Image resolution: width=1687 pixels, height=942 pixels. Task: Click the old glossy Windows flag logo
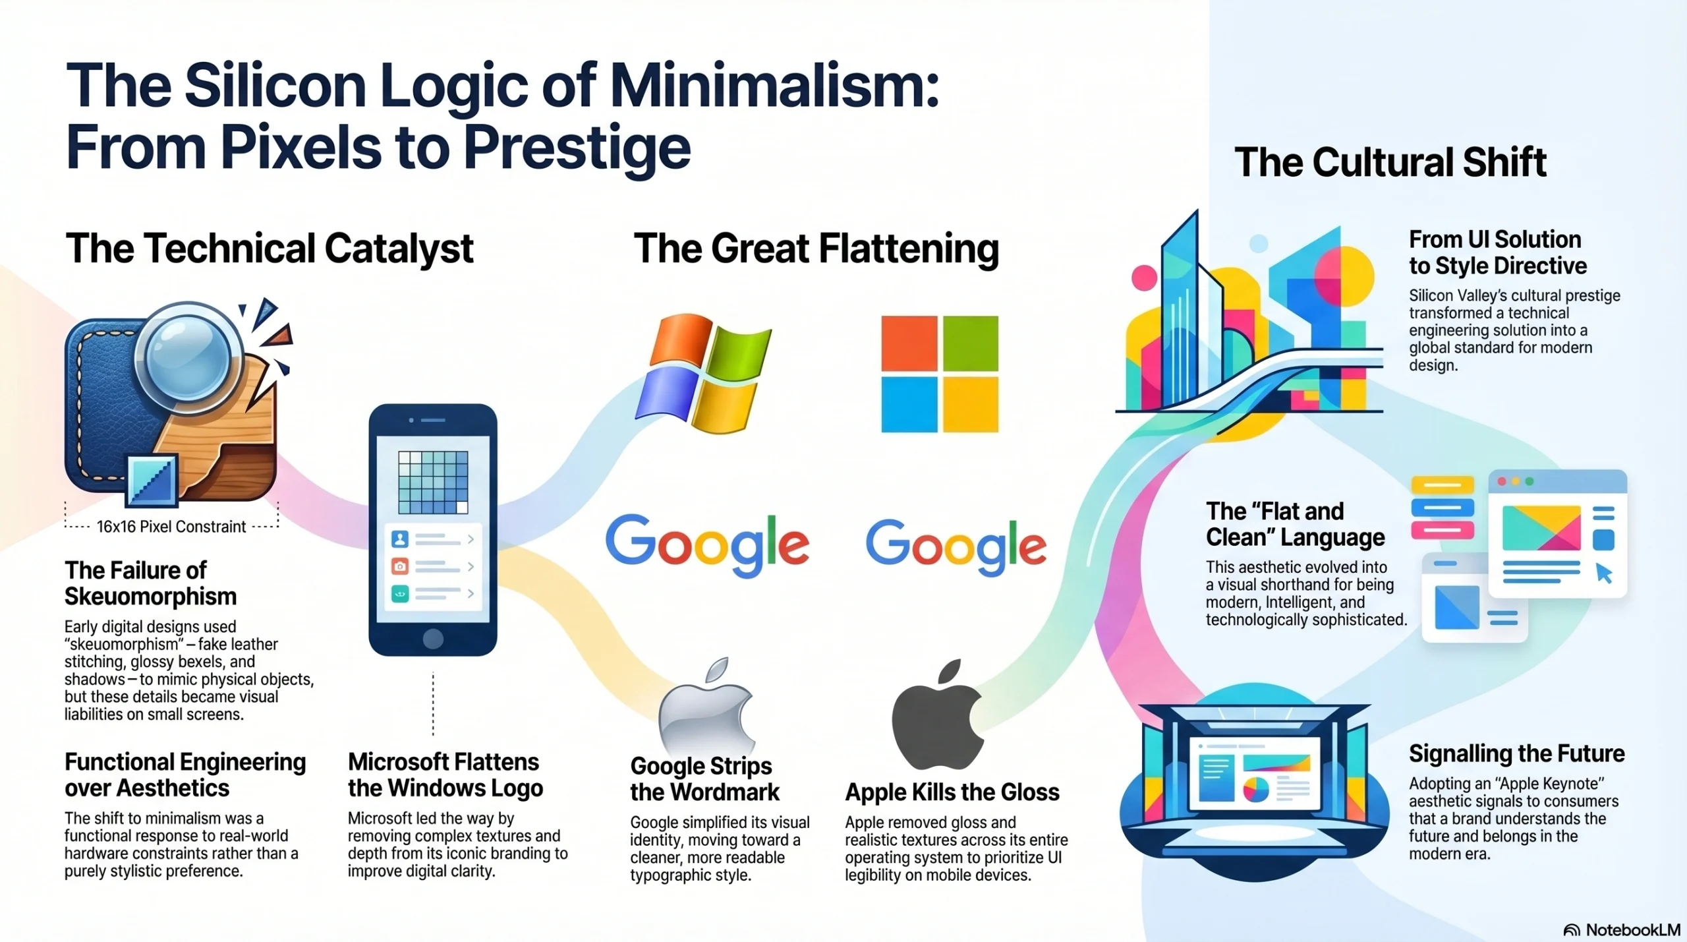point(703,373)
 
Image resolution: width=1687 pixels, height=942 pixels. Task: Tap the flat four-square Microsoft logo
point(940,374)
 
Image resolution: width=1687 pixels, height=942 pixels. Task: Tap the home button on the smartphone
point(433,638)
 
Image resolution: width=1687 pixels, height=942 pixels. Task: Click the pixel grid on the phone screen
point(433,482)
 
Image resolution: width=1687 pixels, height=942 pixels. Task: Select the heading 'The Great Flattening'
point(816,249)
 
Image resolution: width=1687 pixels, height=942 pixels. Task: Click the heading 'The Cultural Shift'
point(1390,162)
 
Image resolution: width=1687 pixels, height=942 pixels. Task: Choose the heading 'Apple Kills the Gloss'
point(952,792)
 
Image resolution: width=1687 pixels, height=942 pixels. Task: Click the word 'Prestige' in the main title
point(577,148)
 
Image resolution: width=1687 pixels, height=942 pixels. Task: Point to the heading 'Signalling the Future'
point(1517,753)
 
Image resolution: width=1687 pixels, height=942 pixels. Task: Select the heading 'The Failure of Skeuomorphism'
point(150,583)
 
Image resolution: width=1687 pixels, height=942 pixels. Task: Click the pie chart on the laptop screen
point(1256,789)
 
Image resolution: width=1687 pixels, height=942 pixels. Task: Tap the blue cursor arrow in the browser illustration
point(1604,573)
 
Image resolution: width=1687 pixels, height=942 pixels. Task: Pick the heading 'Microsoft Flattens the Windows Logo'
point(445,775)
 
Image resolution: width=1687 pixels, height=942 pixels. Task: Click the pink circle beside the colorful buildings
point(1144,278)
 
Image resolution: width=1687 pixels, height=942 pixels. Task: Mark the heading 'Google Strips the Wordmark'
point(704,779)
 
